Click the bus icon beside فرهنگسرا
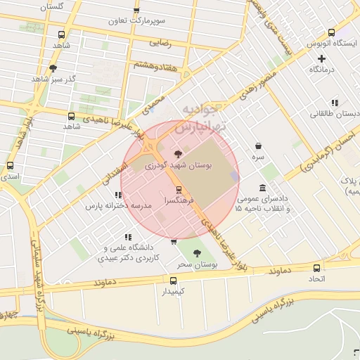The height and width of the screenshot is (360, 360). (x=179, y=189)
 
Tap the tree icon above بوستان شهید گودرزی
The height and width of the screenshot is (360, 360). (x=176, y=154)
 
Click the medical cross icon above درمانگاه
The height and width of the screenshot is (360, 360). (x=322, y=58)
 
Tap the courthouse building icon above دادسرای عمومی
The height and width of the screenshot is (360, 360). (x=262, y=188)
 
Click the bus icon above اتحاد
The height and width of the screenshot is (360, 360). (x=316, y=268)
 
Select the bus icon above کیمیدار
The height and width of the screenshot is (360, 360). (x=173, y=280)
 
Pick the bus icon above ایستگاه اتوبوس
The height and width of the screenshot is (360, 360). (x=331, y=32)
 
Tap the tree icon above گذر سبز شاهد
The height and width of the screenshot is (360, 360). (x=53, y=68)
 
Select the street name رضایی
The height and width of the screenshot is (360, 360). (x=160, y=42)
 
